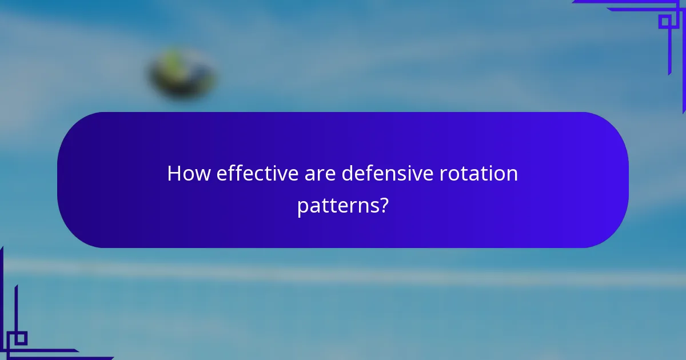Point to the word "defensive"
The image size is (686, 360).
coord(388,174)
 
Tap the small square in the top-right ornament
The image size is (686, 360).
coord(665,22)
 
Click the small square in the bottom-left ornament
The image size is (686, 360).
coord(20,338)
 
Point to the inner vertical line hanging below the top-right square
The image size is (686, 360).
coord(669,51)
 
